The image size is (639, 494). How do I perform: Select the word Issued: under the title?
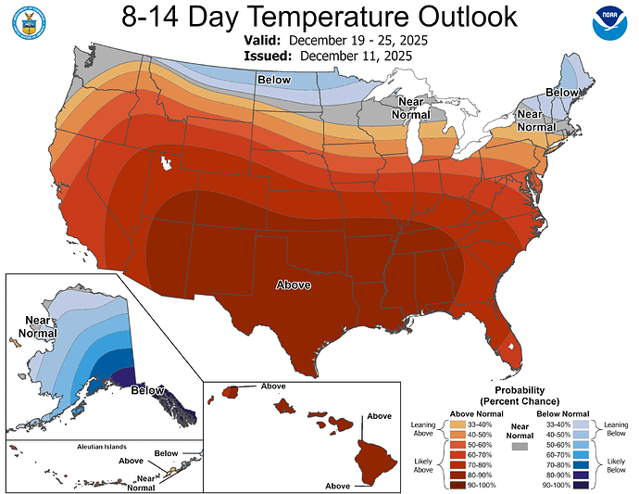click(x=268, y=57)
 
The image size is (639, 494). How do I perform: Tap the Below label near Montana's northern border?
click(x=275, y=82)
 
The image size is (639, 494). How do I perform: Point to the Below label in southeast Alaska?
click(x=147, y=391)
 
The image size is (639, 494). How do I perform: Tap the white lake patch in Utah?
click(x=168, y=163)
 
